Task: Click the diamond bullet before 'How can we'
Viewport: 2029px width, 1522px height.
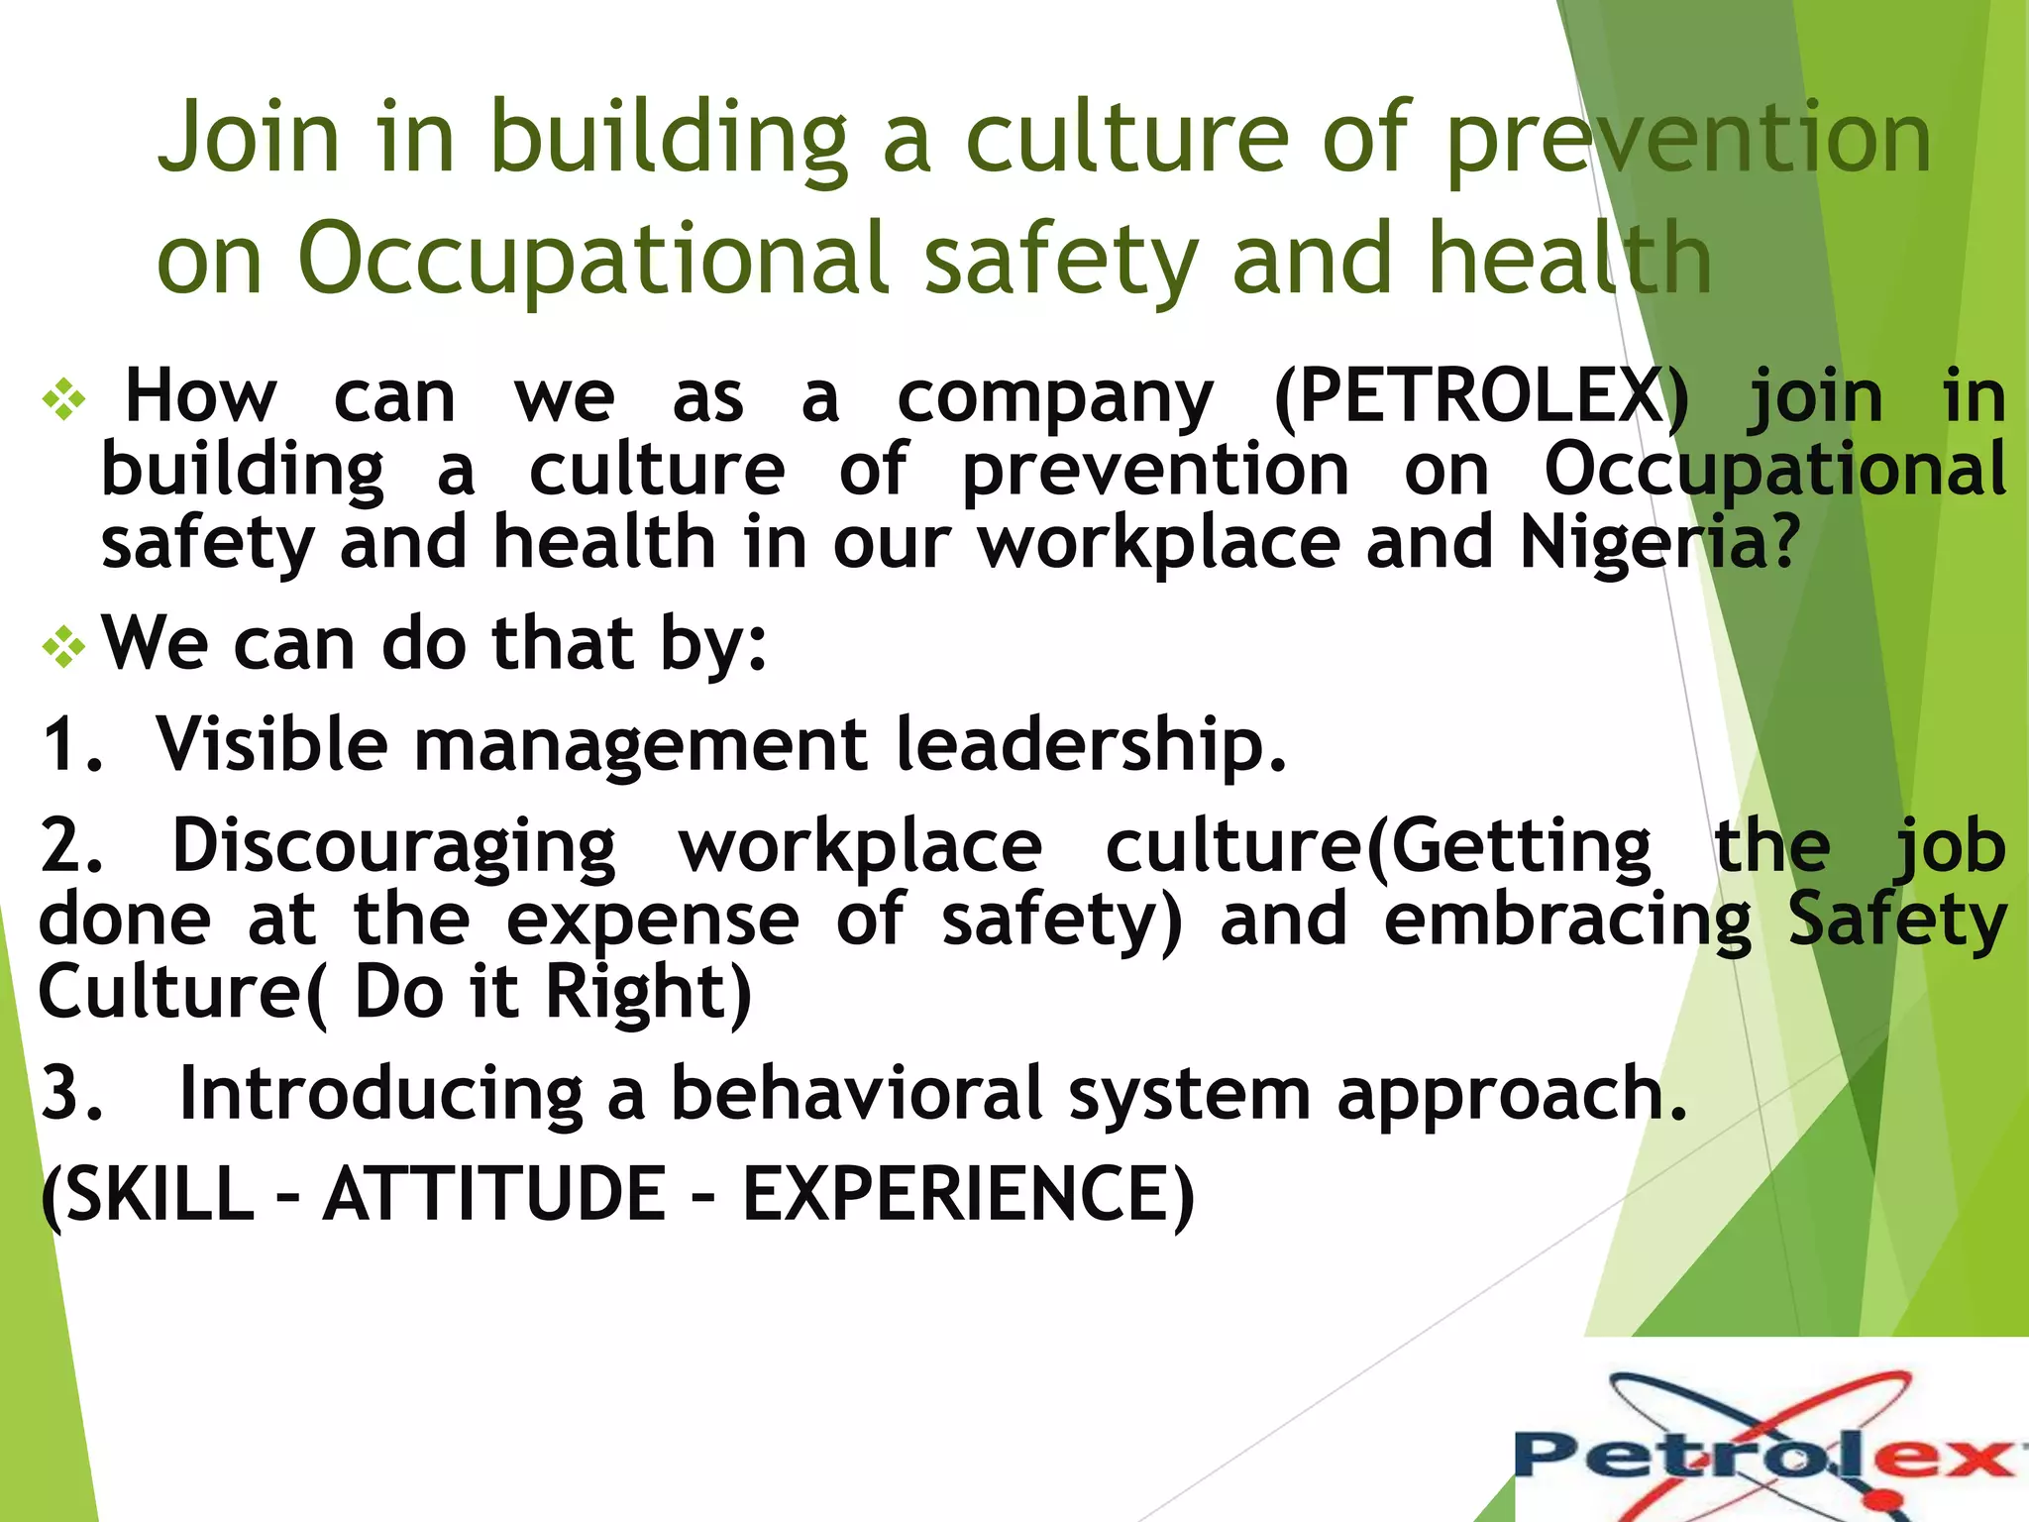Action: click(64, 400)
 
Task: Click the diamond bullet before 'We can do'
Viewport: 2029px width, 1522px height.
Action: click(64, 648)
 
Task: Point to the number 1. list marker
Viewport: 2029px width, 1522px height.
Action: click(71, 745)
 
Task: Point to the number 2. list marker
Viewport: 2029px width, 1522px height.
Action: click(71, 847)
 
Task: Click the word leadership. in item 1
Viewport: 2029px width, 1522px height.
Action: click(1090, 745)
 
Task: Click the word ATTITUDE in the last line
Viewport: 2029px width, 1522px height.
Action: click(494, 1194)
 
